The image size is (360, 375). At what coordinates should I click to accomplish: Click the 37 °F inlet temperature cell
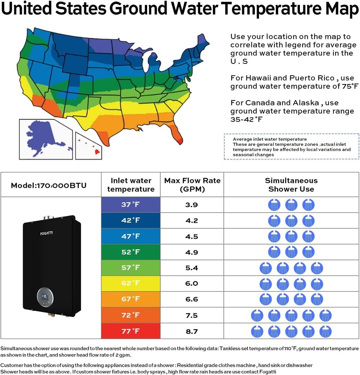click(130, 205)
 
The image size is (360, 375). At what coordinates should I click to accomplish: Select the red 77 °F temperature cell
click(130, 331)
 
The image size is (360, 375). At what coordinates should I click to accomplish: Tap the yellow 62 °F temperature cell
click(130, 283)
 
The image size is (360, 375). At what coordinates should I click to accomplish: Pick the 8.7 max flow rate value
click(191, 331)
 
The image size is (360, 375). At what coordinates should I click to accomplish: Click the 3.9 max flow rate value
click(191, 205)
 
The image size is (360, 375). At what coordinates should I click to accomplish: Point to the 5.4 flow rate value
click(191, 268)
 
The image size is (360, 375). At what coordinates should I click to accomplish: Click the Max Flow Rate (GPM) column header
click(192, 184)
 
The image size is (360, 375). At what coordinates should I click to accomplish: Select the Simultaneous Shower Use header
click(291, 184)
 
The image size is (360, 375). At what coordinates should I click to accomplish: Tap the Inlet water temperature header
click(131, 184)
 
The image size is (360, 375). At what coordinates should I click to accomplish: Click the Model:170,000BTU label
click(48, 185)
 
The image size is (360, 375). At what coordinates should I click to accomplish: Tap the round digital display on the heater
click(45, 297)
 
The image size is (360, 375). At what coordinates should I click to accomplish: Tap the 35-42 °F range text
click(246, 120)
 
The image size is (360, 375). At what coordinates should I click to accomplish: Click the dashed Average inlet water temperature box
click(291, 147)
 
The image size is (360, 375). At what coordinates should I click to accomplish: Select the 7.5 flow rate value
click(191, 315)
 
